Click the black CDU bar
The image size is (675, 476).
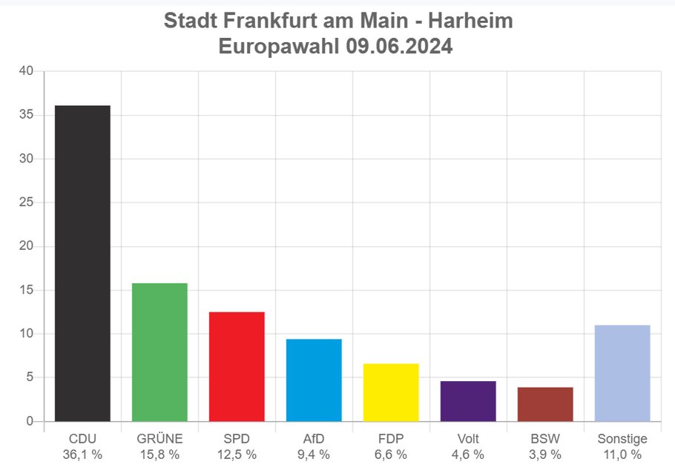pos(82,263)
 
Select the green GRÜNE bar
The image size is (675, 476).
pos(159,352)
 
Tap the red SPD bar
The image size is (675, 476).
pos(237,366)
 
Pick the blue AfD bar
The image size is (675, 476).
pos(314,380)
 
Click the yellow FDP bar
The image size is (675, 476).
pos(391,392)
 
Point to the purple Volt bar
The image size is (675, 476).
pos(468,401)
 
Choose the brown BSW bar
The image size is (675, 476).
pos(545,404)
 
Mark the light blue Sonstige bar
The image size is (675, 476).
pos(622,373)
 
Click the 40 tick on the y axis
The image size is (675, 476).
pos(26,71)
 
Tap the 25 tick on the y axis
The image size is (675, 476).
pos(26,202)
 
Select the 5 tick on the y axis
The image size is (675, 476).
pos(30,377)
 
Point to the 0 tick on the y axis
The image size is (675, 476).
pos(30,421)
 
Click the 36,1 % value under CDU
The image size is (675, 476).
pos(82,454)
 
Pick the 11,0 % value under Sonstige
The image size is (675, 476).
pos(622,454)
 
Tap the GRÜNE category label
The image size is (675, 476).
pos(159,438)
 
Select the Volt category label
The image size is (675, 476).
pos(468,438)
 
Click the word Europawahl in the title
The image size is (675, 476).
pos(279,47)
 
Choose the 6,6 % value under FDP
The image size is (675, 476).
pos(391,454)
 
